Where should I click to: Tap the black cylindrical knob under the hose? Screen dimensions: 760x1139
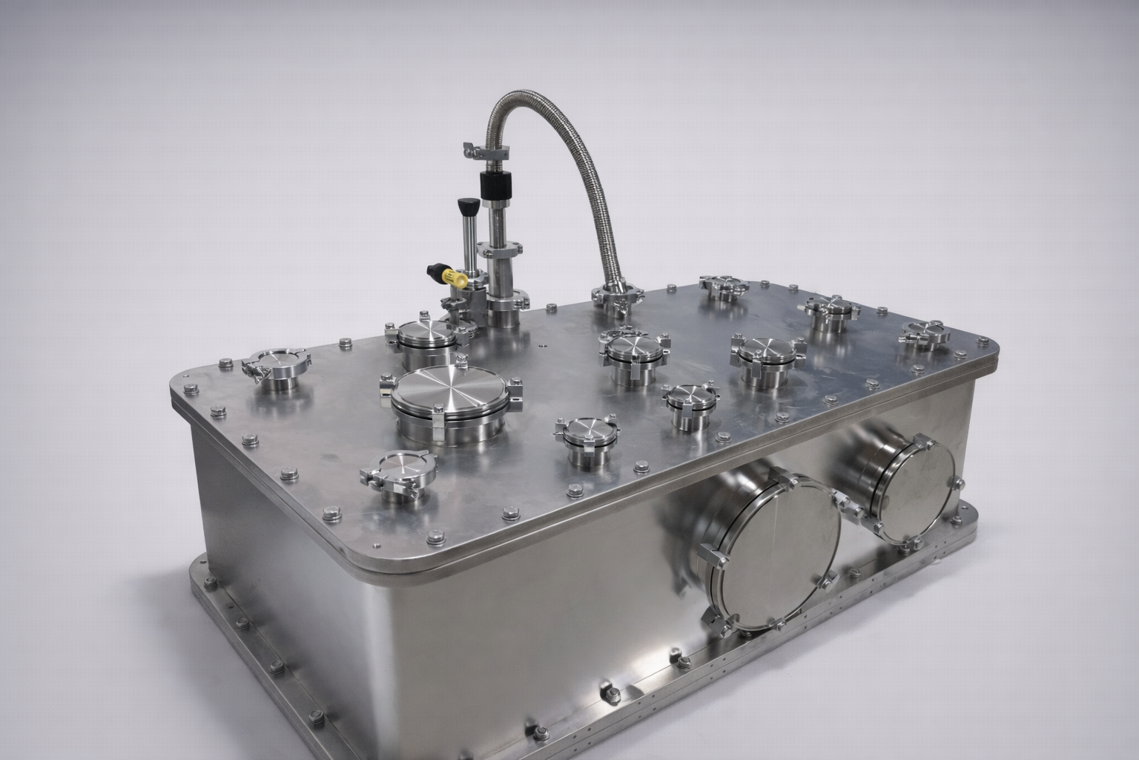(493, 183)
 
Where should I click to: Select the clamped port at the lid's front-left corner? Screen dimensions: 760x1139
(276, 366)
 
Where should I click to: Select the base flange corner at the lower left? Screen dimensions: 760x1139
(199, 571)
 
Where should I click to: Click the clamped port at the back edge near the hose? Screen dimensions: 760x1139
(724, 285)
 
